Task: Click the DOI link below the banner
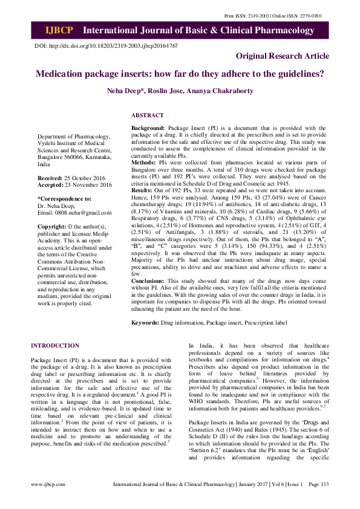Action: point(106,46)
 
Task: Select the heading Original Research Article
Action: point(283,56)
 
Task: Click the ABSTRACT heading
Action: point(147,115)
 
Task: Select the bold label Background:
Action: point(148,128)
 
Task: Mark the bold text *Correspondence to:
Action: point(65,198)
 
